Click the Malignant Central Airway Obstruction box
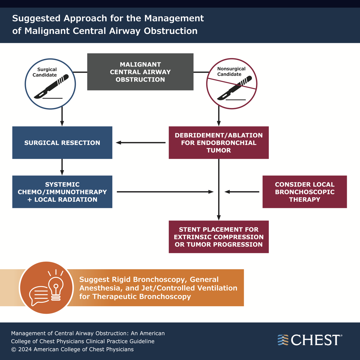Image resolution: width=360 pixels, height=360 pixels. pyautogui.click(x=140, y=72)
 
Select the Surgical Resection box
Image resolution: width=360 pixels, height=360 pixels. pyautogui.click(x=62, y=143)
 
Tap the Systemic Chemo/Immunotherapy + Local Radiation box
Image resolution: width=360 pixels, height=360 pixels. pyautogui.click(x=62, y=192)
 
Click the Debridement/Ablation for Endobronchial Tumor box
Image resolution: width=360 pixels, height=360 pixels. pyautogui.click(x=219, y=143)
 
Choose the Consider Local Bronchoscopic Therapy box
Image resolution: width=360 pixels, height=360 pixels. pyautogui.click(x=304, y=192)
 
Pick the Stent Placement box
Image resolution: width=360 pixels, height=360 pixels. pyautogui.click(x=219, y=237)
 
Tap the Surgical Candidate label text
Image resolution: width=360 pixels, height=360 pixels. pyautogui.click(x=46, y=72)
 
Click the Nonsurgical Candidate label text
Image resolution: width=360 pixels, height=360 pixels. pyautogui.click(x=231, y=71)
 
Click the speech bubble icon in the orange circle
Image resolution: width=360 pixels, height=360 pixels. pyautogui.click(x=38, y=295)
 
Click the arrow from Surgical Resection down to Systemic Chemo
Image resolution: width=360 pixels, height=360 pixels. pyautogui.click(x=62, y=167)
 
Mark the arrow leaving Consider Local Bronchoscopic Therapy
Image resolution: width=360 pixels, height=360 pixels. pyautogui.click(x=242, y=192)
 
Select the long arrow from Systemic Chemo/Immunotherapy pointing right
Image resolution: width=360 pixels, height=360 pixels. pyautogui.click(x=165, y=192)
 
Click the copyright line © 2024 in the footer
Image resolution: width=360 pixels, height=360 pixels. pyautogui.click(x=72, y=349)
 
